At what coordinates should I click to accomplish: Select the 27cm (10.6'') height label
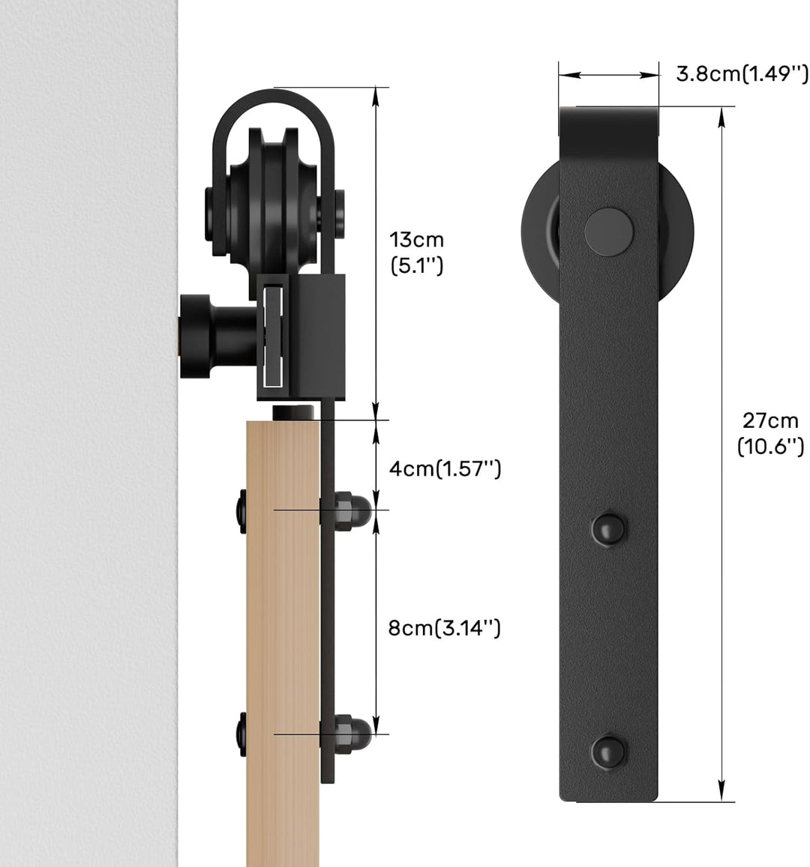[769, 434]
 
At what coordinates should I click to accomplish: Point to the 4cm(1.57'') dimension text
[444, 469]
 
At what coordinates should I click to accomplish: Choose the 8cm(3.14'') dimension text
[444, 628]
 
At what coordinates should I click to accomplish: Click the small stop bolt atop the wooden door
[294, 412]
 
